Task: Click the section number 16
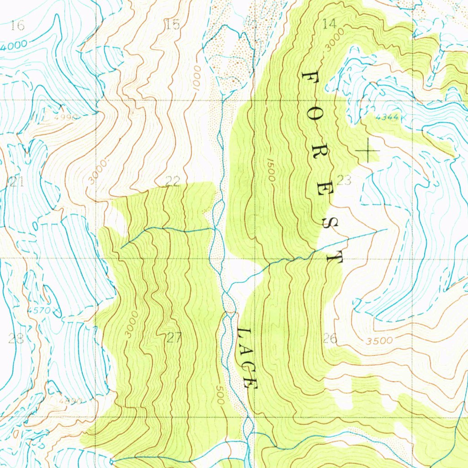tap(17, 26)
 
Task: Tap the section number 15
tap(173, 25)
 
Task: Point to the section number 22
tap(172, 181)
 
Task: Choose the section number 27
tap(174, 338)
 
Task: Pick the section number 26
tap(330, 339)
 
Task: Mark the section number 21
tap(16, 183)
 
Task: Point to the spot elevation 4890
tap(70, 401)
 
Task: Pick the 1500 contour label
tap(270, 170)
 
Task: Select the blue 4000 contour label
tap(14, 46)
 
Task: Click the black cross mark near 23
tap(368, 151)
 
